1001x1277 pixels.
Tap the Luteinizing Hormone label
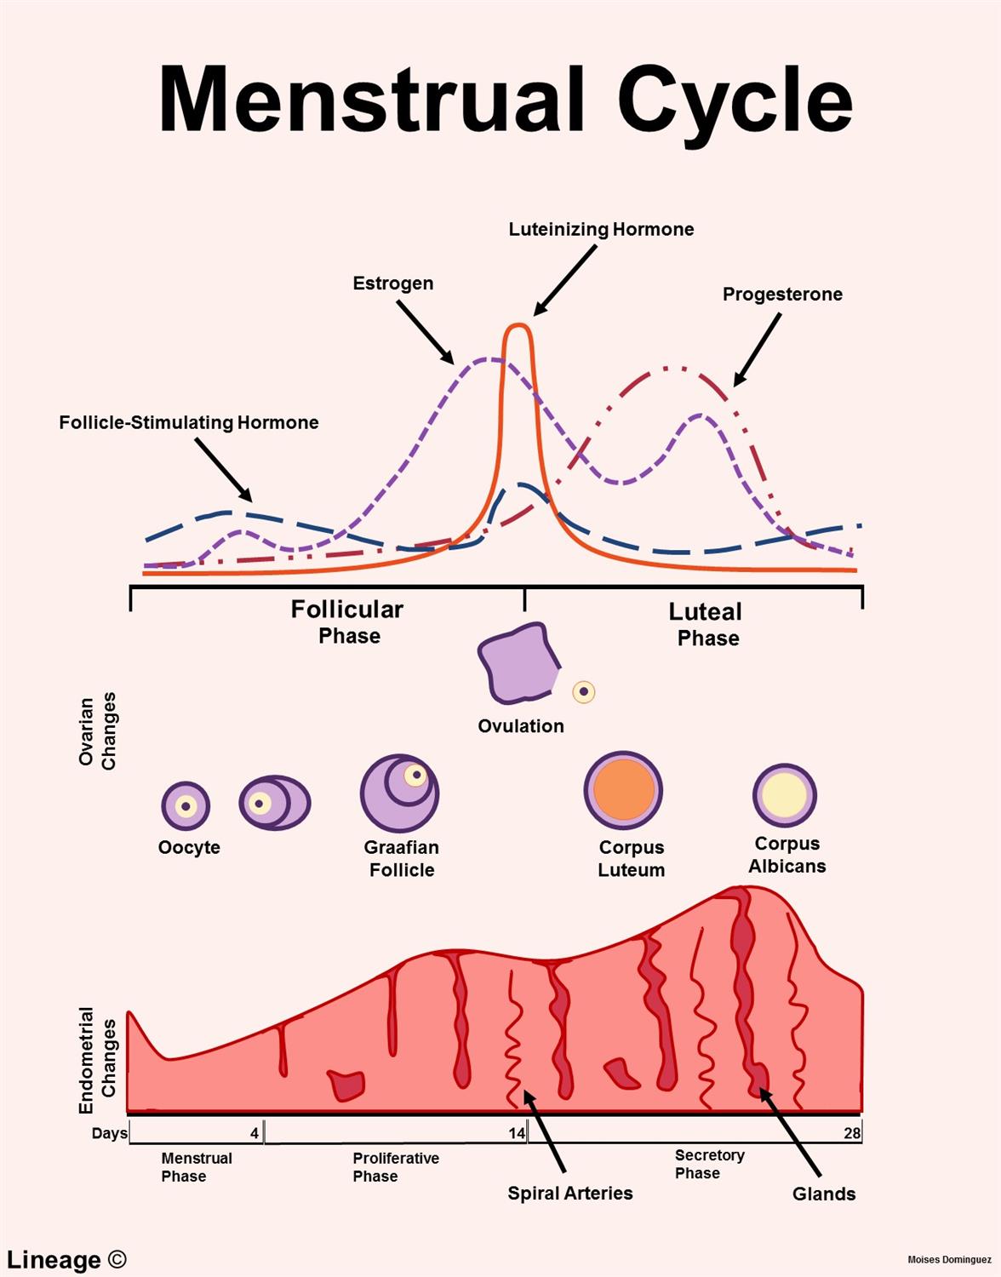(601, 229)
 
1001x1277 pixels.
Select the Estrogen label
(392, 283)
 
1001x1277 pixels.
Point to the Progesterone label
(782, 295)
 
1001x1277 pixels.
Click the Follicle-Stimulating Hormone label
(189, 422)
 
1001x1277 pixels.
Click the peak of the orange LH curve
(517, 325)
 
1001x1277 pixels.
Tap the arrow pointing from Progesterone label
(758, 348)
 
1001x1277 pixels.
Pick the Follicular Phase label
(347, 621)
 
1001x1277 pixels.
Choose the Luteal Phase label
(706, 624)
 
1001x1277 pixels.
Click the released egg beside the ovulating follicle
(584, 691)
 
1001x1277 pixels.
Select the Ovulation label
(521, 726)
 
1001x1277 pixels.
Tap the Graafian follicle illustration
(399, 793)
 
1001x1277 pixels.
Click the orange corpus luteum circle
(623, 790)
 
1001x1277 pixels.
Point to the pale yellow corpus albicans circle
(784, 794)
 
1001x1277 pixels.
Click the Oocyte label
(189, 848)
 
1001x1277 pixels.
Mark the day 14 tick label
(517, 1133)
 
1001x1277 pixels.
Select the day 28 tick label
(852, 1133)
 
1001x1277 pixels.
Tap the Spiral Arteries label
(570, 1194)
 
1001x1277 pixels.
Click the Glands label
(823, 1194)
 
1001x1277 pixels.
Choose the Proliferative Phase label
(396, 1167)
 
